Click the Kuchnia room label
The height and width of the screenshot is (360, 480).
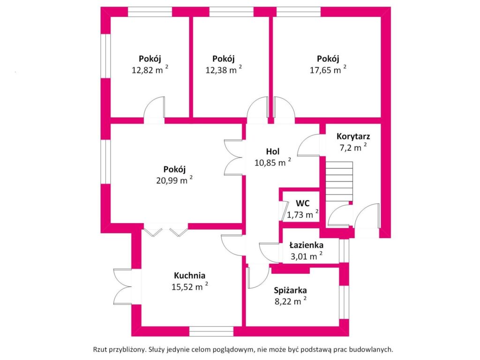(x=190, y=276)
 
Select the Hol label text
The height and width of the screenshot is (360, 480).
(x=272, y=151)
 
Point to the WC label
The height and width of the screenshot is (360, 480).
(x=302, y=203)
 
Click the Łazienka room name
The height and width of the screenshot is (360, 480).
(x=306, y=245)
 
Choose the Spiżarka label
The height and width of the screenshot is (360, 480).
(x=291, y=291)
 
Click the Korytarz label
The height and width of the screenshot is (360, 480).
(x=353, y=137)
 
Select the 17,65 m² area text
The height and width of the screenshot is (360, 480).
(x=328, y=70)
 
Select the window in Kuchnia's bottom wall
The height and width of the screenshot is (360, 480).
(x=211, y=332)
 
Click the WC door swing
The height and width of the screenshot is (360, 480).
(x=283, y=210)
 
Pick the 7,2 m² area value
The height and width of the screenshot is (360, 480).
(x=352, y=148)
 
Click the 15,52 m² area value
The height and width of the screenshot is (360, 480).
(x=189, y=286)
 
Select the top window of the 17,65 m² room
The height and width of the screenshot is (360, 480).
(x=298, y=11)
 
